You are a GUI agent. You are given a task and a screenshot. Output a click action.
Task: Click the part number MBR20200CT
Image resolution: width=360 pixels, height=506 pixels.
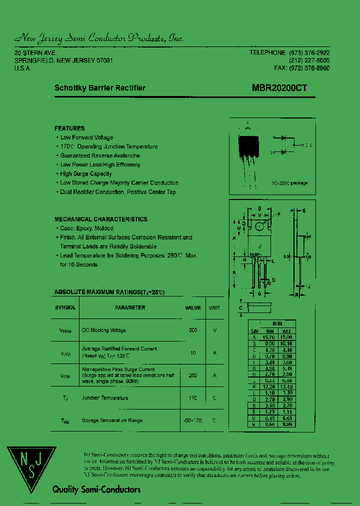point(279,88)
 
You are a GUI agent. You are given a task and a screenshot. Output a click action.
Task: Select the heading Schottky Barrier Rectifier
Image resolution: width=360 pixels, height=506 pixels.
point(100,88)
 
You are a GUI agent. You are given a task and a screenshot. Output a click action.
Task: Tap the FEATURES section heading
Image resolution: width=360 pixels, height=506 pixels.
point(69,128)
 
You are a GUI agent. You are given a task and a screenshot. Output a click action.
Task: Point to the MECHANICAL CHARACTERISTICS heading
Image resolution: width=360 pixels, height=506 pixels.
point(101,219)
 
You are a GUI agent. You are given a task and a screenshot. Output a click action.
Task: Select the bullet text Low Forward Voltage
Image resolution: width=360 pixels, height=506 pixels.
point(86,137)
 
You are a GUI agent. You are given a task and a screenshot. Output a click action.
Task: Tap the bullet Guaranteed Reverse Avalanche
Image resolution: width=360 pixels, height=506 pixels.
point(100,155)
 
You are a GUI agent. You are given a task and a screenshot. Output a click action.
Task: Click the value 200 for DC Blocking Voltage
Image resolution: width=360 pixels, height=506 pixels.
point(193,330)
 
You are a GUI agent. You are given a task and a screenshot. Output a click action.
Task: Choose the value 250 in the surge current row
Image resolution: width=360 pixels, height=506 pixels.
point(193,375)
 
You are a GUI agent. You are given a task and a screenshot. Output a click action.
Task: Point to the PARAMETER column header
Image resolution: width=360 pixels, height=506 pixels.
point(130,308)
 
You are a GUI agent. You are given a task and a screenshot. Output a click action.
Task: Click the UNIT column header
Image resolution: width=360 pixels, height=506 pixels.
point(214,308)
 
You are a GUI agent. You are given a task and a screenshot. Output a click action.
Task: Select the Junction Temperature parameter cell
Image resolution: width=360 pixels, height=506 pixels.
point(105,398)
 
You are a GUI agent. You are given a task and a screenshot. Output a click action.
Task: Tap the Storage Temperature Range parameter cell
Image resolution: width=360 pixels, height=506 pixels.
point(112,421)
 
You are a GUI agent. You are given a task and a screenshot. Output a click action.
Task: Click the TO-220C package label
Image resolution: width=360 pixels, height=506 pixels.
point(290,183)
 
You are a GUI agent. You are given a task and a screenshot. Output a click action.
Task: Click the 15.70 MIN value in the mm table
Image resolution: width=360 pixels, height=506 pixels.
point(270,338)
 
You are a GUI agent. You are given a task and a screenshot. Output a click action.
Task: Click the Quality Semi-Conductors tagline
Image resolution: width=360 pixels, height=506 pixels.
point(96,490)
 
